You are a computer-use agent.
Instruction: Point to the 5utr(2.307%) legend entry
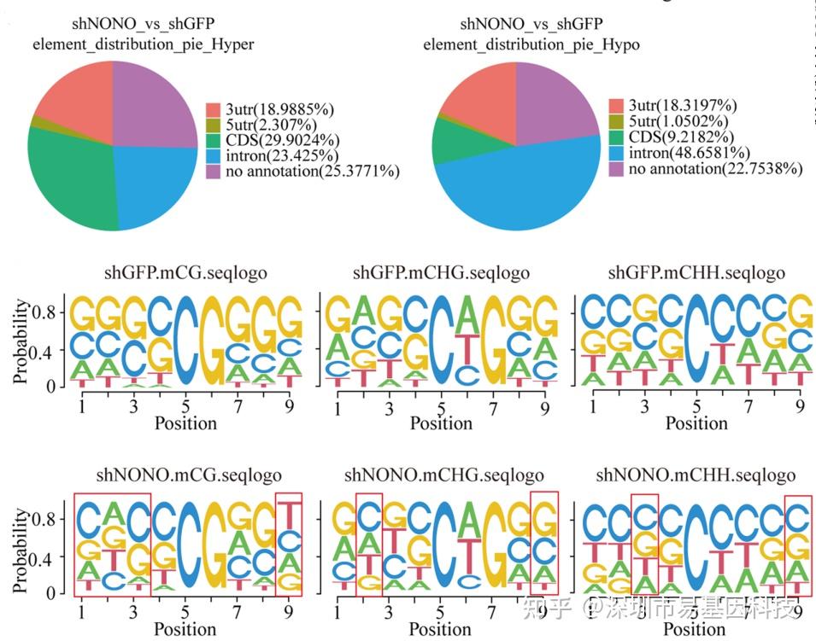click(262, 125)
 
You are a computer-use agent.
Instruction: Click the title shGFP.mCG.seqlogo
click(185, 273)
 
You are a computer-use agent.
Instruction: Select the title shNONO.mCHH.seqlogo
click(696, 475)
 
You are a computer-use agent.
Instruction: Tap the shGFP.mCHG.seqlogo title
click(441, 273)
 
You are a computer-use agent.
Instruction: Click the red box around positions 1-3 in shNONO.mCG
click(112, 544)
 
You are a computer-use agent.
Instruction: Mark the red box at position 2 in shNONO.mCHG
click(368, 544)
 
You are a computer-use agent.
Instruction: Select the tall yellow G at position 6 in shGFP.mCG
click(214, 341)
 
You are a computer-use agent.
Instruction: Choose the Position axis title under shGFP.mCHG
click(441, 422)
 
